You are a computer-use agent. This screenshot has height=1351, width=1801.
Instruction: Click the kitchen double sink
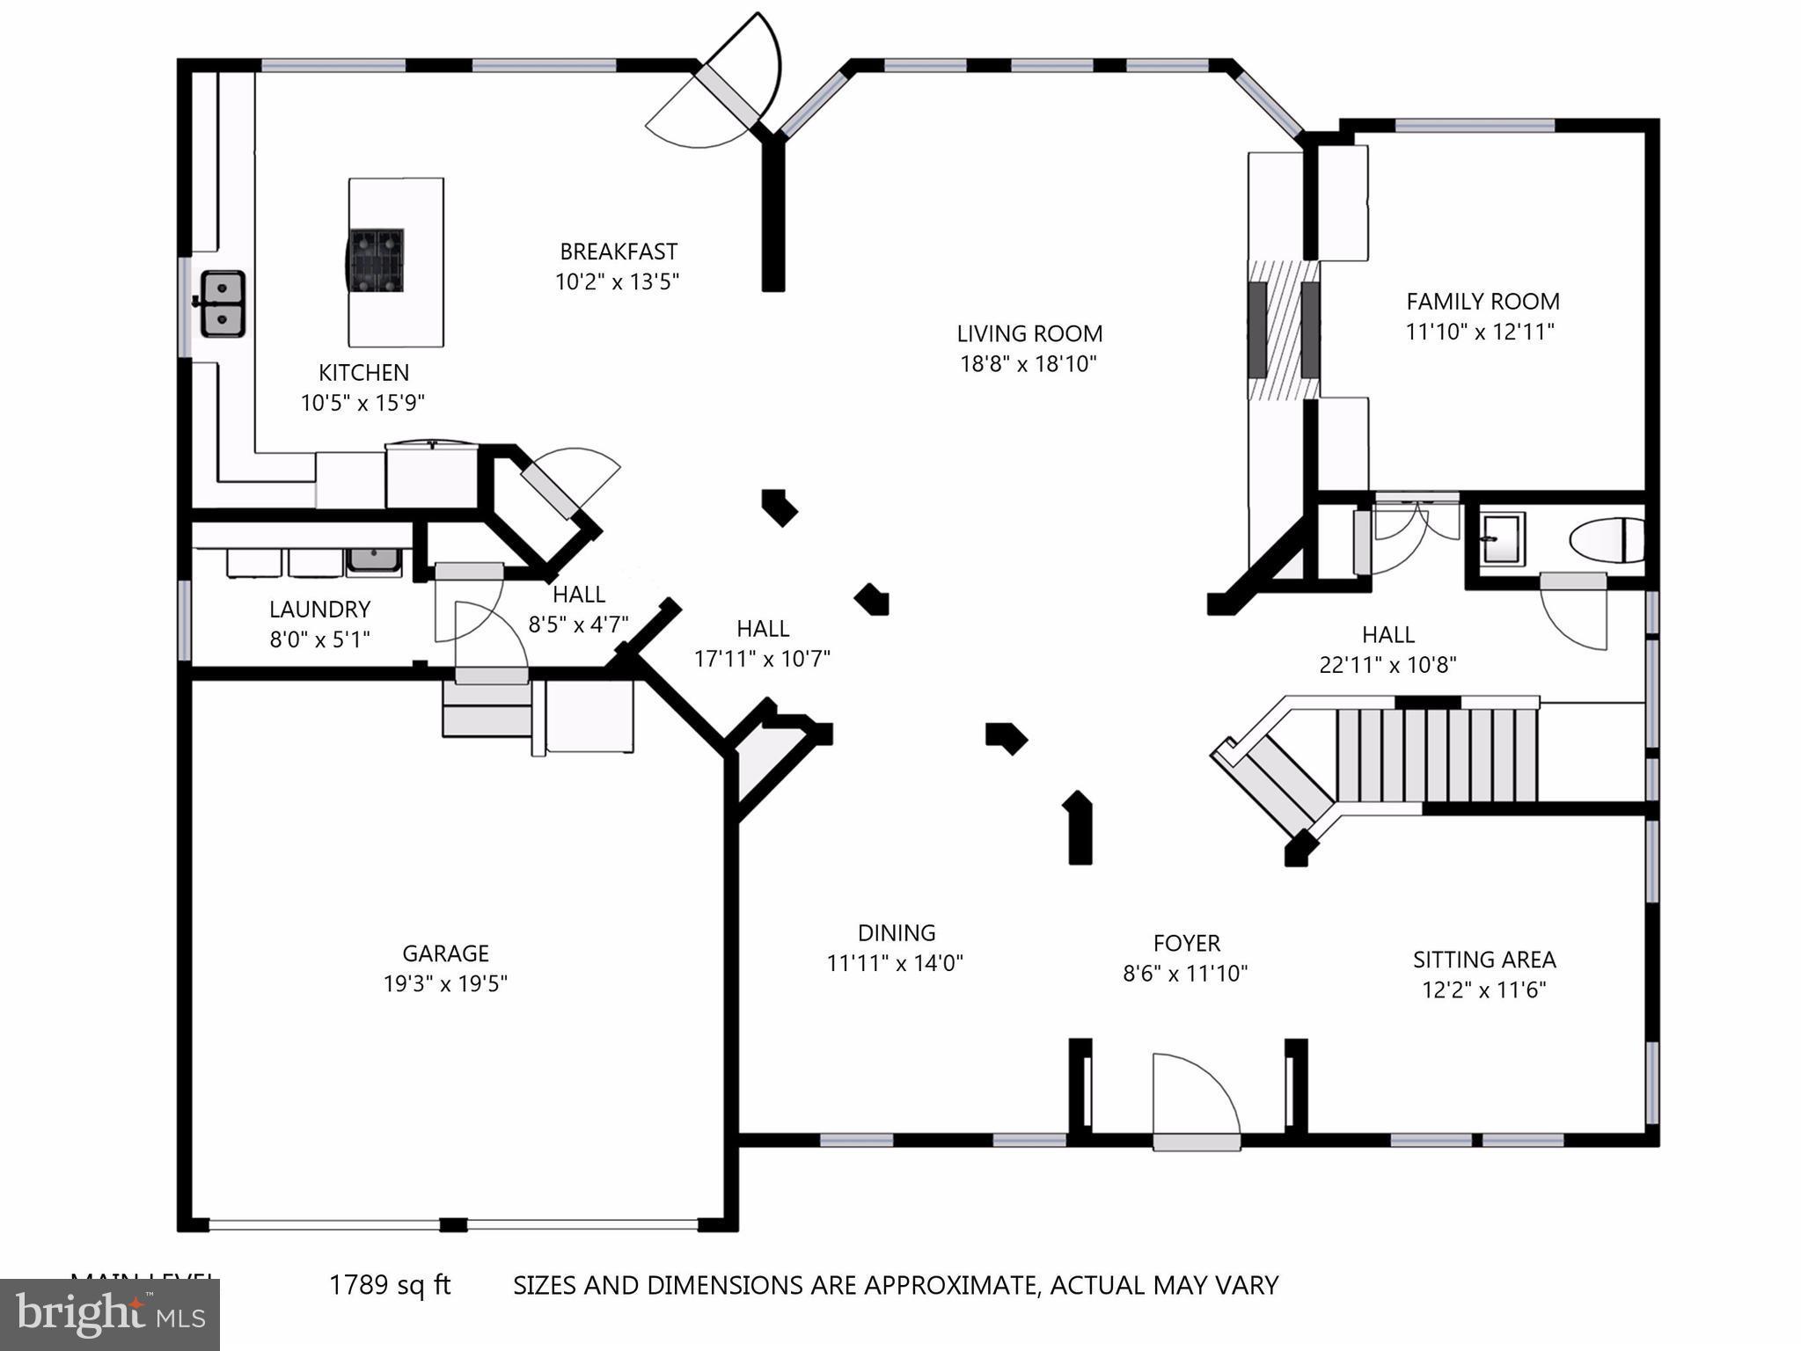click(223, 303)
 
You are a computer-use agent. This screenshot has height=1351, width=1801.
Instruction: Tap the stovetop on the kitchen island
click(377, 259)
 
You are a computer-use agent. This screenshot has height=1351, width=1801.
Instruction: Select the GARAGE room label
click(445, 953)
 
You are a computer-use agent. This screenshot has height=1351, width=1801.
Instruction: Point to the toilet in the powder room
click(1607, 540)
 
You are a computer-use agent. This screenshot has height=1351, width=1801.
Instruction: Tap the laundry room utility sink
click(374, 560)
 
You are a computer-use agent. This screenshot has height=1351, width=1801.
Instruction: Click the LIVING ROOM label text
click(1029, 334)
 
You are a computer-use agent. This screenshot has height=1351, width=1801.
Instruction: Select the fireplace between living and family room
click(1284, 330)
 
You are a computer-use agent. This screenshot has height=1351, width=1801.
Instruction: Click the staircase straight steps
click(1436, 755)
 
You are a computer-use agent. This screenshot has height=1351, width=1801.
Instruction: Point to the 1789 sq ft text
click(390, 1285)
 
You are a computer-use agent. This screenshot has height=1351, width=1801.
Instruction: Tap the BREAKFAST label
click(619, 252)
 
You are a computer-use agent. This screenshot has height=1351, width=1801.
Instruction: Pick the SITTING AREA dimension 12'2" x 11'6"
click(1483, 990)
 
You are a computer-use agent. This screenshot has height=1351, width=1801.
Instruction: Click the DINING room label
click(896, 932)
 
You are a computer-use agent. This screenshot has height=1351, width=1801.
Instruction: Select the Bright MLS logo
click(110, 1314)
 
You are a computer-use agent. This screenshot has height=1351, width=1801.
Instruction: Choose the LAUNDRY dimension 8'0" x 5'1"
click(319, 639)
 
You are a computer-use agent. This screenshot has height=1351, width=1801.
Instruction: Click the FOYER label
click(1186, 944)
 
